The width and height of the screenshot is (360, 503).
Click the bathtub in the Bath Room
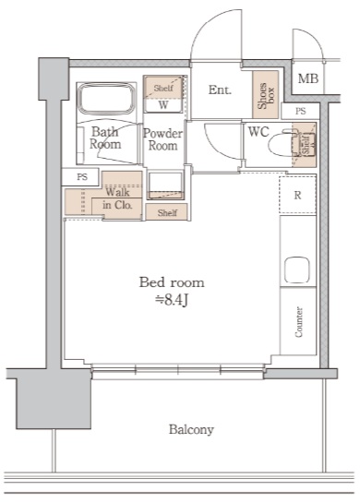click(x=106, y=99)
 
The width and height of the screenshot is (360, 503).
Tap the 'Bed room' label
click(x=172, y=282)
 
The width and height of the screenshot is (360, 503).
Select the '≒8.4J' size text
click(x=172, y=300)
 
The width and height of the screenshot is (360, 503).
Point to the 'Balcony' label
click(x=191, y=429)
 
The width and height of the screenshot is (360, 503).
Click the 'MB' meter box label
click(x=308, y=78)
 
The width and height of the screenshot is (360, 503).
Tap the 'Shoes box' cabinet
click(x=265, y=95)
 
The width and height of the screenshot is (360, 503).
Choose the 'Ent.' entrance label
click(x=220, y=90)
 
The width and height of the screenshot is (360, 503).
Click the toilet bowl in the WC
click(x=282, y=145)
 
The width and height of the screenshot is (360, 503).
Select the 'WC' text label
click(x=258, y=132)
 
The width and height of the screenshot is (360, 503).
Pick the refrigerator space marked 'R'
click(x=297, y=195)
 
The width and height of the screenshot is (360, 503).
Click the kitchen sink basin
click(x=297, y=270)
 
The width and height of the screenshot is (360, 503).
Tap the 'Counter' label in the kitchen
click(x=298, y=322)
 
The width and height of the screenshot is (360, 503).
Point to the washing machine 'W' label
click(x=163, y=105)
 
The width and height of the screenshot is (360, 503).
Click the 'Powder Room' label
click(x=162, y=139)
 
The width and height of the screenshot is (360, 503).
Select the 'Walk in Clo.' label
click(x=118, y=198)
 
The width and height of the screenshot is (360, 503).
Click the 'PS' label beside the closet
click(x=82, y=177)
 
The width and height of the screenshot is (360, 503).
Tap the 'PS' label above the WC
click(x=301, y=112)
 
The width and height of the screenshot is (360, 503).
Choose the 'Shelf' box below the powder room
click(x=167, y=212)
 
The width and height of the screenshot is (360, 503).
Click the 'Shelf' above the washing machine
click(x=163, y=88)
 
